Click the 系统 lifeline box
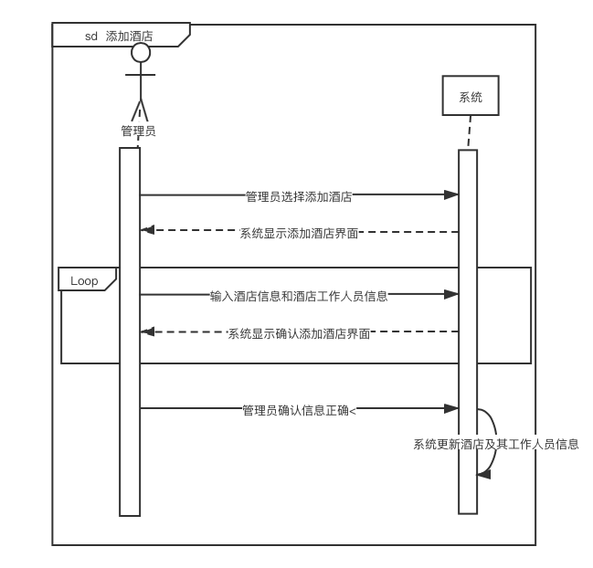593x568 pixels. point(471,96)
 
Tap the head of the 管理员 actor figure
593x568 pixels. point(141,53)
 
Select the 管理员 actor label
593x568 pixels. point(138,131)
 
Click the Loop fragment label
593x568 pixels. point(85,280)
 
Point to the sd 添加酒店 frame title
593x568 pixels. point(119,37)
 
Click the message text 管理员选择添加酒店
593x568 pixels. point(299,195)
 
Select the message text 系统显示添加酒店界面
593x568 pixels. point(299,233)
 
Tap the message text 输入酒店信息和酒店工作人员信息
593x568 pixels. point(299,296)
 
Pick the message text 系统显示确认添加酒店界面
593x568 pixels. point(299,333)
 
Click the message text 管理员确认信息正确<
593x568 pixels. point(299,410)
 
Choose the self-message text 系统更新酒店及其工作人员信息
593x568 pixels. point(495,444)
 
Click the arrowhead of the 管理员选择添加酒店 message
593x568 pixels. point(451,195)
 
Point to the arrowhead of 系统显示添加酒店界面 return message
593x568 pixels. point(148,230)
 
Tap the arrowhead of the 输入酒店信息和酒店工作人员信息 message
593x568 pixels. point(451,294)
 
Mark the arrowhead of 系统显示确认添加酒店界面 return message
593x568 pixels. point(148,331)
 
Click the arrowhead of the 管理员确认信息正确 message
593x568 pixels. point(451,408)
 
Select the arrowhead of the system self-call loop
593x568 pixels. point(483,474)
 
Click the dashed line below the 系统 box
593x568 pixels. point(469,132)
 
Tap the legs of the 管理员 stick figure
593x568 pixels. point(141,110)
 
